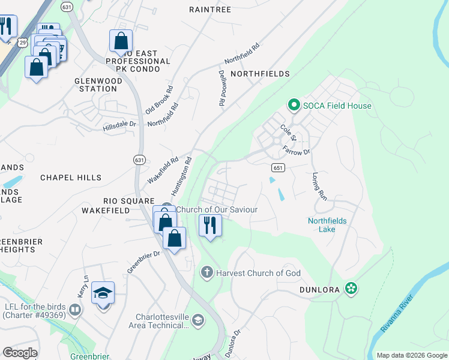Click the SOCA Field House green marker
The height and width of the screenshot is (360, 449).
[x=294, y=106]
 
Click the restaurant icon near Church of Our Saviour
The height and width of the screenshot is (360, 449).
[x=210, y=226]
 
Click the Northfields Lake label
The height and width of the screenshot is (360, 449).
[x=327, y=225]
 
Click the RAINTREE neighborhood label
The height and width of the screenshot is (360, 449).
[x=209, y=10]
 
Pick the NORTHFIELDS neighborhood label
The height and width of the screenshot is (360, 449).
[x=260, y=74]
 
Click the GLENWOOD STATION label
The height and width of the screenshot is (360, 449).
[x=95, y=85]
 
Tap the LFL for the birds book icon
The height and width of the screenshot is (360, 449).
[x=75, y=310]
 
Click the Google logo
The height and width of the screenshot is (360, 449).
[x=20, y=353]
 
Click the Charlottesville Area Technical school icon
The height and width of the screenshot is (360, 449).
[x=197, y=320]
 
